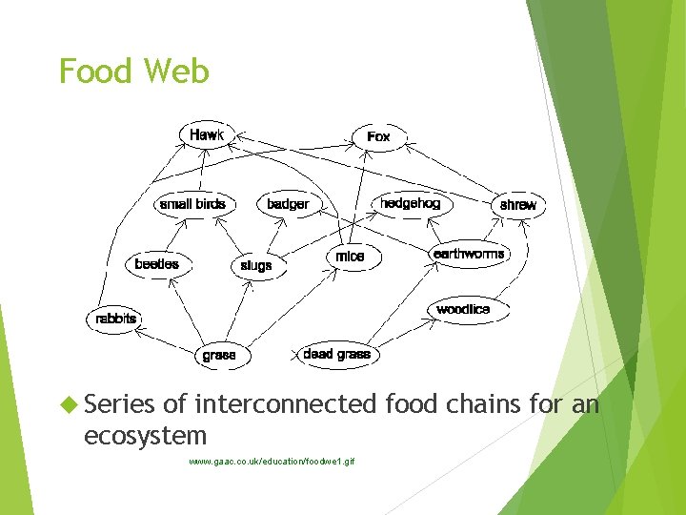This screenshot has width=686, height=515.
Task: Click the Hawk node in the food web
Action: pos(207,135)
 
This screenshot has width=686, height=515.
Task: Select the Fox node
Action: pos(378,137)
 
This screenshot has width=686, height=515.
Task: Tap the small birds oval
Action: pos(192,204)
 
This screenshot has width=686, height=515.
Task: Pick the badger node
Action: pos(288,204)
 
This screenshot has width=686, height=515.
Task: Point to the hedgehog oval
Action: pos(410,204)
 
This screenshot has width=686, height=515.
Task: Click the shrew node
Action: pos(517,205)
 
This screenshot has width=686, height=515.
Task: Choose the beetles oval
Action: pos(156,264)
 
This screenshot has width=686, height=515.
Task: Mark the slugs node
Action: pos(255,266)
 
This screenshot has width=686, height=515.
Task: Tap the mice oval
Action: pos(350,257)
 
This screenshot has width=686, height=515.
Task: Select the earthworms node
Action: pos(469,254)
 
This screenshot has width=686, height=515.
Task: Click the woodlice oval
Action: pos(463,309)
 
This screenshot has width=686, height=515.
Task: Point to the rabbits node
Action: pos(116,319)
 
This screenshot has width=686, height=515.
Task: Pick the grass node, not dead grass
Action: pos(218,355)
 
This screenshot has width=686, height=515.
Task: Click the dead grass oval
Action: pos(336,354)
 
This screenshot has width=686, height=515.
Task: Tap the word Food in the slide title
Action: pos(94,72)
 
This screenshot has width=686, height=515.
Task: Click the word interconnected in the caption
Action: pos(286,404)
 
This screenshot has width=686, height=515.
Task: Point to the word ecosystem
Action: pos(145,436)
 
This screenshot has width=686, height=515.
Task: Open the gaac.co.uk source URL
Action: pos(271,462)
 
